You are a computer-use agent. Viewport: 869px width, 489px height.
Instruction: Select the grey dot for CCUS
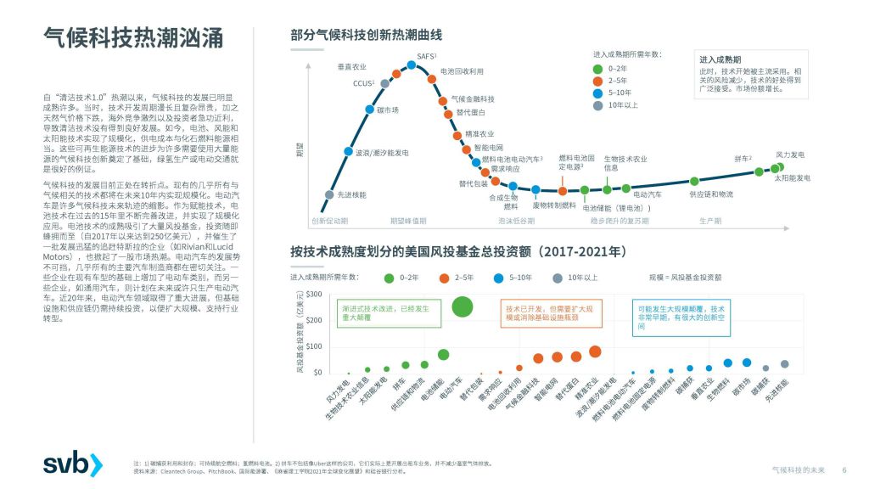385,83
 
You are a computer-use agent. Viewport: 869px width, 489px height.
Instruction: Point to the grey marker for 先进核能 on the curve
329,194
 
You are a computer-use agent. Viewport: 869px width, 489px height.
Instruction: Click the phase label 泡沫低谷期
516,221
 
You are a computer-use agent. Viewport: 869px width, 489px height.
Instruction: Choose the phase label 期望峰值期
408,221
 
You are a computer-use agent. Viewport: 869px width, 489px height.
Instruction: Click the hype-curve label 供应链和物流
710,194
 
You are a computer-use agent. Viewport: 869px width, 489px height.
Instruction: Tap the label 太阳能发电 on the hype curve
792,178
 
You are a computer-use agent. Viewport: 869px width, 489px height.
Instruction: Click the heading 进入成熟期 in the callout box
720,60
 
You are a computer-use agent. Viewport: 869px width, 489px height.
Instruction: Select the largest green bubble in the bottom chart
463,307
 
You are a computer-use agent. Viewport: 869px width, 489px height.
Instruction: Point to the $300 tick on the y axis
314,294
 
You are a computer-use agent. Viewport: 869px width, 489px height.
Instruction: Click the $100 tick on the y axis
314,346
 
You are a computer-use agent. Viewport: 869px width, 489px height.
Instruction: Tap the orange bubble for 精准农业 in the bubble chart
595,351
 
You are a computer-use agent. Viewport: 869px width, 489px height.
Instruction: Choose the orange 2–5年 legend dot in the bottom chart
444,278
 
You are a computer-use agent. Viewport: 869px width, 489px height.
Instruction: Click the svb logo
72,464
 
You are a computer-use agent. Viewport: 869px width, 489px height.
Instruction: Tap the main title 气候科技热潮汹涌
133,38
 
